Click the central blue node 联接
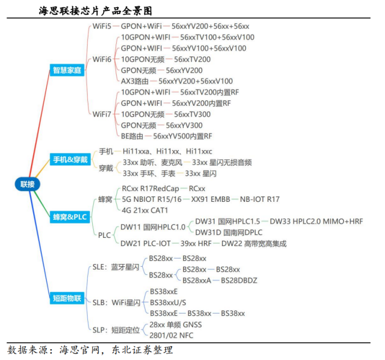point(27,184)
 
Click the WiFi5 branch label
point(101,26)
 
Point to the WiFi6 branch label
point(101,59)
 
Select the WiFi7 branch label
point(101,114)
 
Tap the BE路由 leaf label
point(132,136)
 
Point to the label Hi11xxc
point(199,151)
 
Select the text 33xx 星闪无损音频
point(218,163)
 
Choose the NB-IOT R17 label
point(260,200)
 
